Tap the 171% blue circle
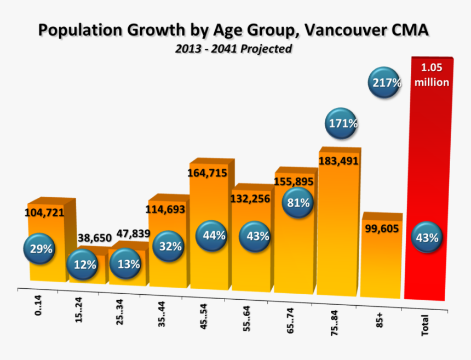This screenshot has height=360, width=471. tap(343, 124)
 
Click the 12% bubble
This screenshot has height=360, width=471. tap(83, 265)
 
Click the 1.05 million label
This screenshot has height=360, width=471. tap(432, 75)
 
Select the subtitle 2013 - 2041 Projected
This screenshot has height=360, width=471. tap(233, 49)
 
